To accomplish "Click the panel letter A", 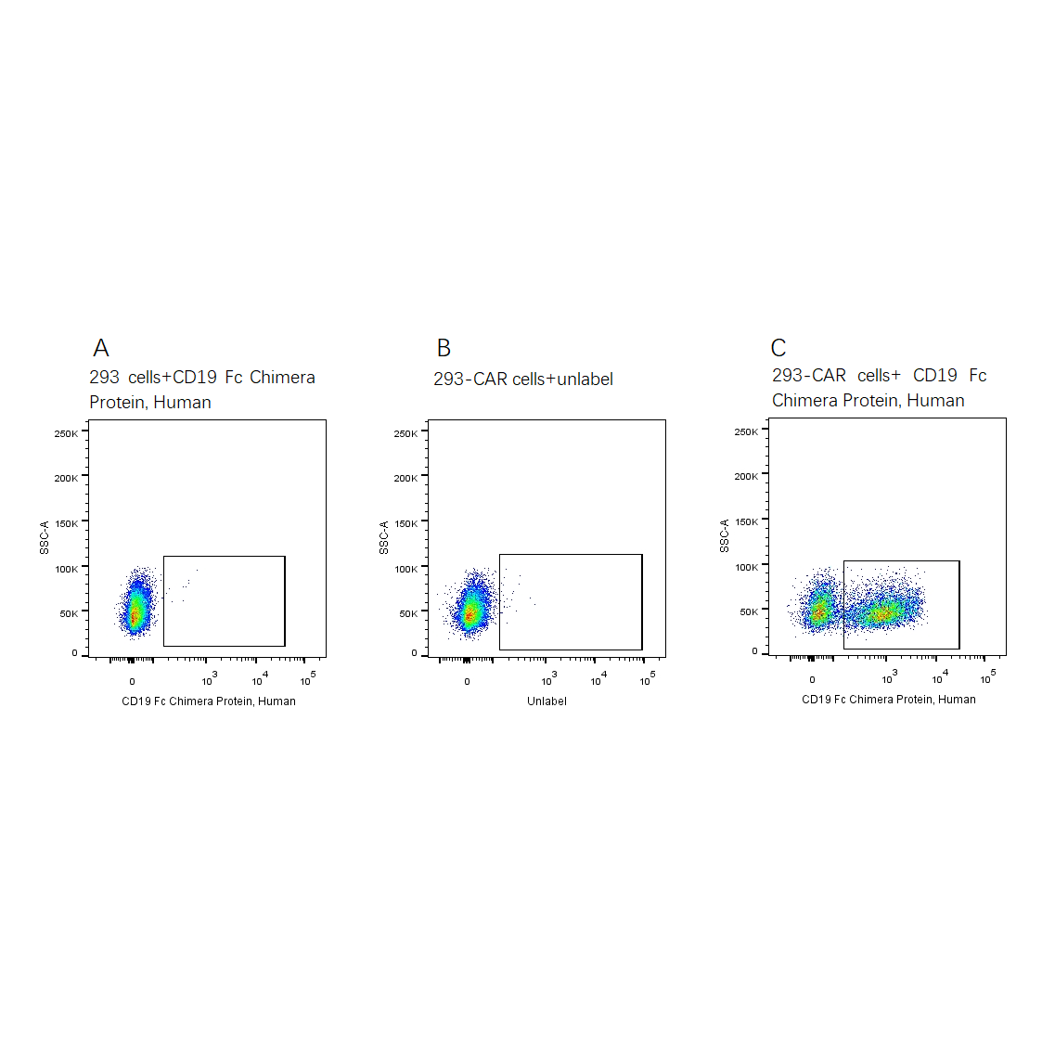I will pos(101,348).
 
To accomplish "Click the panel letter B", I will pos(444,348).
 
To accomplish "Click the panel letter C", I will pos(778,348).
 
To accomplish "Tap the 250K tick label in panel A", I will pos(66,433).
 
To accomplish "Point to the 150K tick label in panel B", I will pos(405,523).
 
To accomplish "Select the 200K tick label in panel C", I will pos(746,476).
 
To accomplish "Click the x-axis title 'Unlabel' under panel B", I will pos(547,701).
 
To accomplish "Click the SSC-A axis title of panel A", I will pos(45,538).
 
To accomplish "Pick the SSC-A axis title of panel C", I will pos(725,536).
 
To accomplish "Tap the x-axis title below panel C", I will pos(888,700).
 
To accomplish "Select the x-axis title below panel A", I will pos(209,701).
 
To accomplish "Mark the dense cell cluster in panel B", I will pos(472,610).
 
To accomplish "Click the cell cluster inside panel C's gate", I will pos(881,611).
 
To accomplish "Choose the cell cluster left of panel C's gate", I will pos(818,609).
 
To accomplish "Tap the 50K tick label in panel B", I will pos(408,613).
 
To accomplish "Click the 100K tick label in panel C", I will pos(746,567).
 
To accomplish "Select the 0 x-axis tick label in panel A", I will pos(132,682).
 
